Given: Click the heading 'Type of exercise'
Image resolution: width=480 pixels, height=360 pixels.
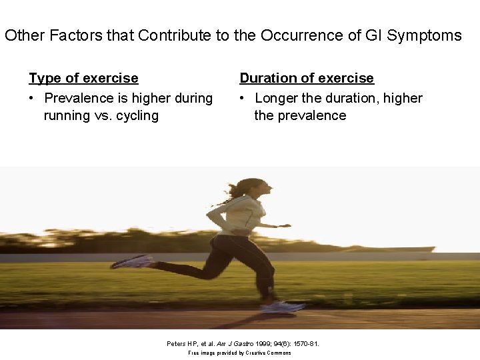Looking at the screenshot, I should point(83,78).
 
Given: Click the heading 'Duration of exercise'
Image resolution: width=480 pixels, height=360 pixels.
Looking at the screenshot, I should point(307,78).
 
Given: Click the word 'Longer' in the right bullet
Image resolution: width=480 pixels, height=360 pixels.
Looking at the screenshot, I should point(277,98).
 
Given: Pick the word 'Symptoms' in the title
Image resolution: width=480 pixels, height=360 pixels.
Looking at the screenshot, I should point(425,35).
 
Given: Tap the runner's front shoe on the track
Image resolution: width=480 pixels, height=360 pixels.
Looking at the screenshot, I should point(283,307).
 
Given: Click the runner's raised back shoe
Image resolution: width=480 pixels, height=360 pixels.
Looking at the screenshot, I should point(131,261).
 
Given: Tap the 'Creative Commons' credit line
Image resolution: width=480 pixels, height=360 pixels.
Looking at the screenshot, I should point(239,353).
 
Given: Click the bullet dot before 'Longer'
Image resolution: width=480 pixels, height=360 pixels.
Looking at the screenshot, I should point(244,98).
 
